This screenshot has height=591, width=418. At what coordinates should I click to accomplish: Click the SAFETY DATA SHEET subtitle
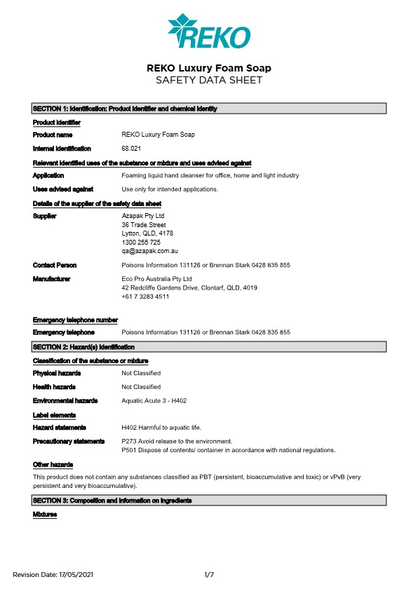point(208,80)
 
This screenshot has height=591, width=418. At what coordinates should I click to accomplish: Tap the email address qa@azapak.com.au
point(149,250)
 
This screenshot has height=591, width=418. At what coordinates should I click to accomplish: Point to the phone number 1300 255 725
point(141,242)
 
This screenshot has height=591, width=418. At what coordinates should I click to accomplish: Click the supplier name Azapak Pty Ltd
point(142,216)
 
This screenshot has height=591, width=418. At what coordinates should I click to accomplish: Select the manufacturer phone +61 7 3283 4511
point(145,297)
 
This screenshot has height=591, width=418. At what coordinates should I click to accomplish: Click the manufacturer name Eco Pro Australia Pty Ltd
point(156,279)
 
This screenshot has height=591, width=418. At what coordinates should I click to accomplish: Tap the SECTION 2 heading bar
point(208,347)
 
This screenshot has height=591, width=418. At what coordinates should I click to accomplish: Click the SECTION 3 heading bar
point(208,501)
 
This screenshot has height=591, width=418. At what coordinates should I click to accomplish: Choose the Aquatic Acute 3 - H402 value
point(154,400)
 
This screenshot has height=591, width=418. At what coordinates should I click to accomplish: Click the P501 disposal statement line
point(228,449)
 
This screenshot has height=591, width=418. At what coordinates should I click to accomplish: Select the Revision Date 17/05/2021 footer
point(53,575)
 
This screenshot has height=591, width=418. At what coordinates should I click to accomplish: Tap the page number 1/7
point(208,575)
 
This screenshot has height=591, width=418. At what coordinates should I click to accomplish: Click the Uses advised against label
point(63,189)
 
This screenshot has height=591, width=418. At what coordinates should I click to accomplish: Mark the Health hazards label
point(54,387)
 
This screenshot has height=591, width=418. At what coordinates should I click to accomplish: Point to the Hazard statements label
point(60,427)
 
